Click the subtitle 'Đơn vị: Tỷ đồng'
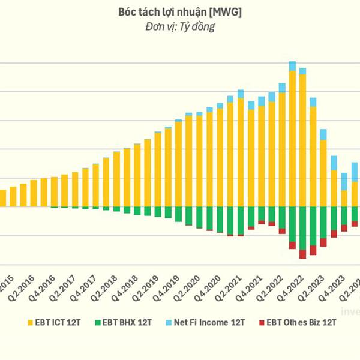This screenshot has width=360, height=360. click(180, 26)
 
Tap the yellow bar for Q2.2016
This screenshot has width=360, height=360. click(23, 194)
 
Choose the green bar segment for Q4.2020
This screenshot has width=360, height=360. click(209, 218)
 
